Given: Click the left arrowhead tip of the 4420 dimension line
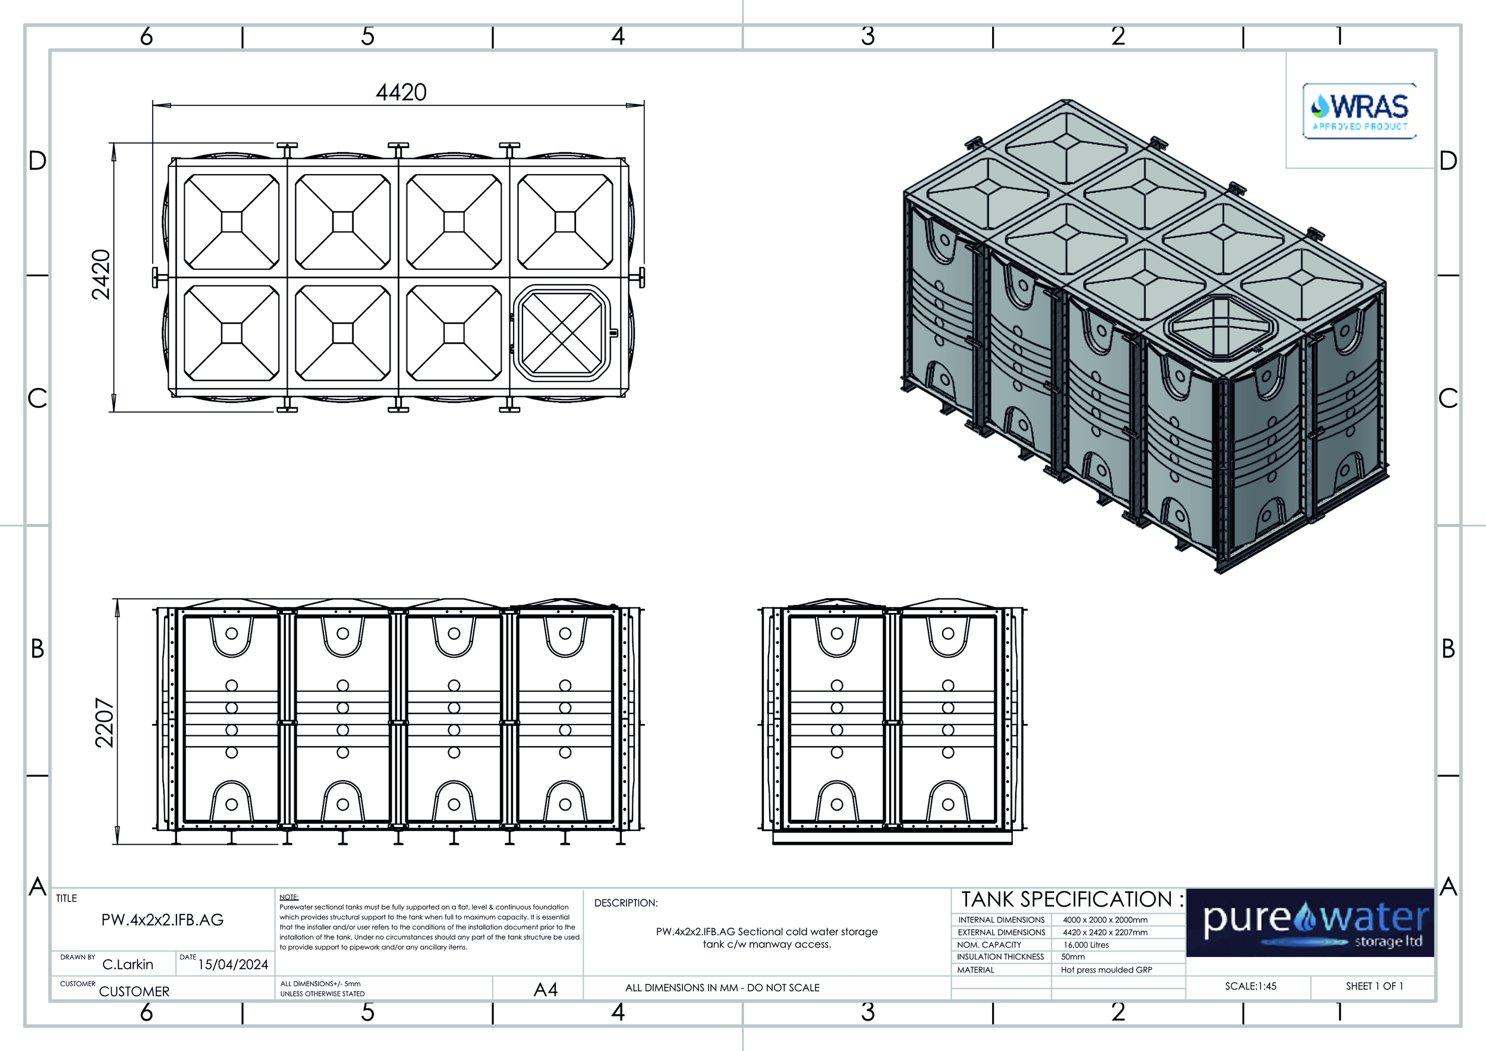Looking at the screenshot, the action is point(153,105).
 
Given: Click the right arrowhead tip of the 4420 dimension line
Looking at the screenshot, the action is point(644,105).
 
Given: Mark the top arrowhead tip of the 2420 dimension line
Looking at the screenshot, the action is point(114,143).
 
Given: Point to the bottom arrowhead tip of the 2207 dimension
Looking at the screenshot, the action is point(117,844).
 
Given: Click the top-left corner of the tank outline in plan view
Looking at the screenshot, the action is point(169,159).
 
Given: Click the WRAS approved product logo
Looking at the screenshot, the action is point(1359,111).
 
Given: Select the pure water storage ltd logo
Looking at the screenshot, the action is point(1310,922).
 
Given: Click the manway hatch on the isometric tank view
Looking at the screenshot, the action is point(1219,328).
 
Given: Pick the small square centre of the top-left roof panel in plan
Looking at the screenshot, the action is point(232,222).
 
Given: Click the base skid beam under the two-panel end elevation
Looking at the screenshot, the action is point(893,838).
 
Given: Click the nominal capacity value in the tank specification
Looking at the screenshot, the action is point(1086,945).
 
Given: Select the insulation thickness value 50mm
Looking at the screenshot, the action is point(1073,956).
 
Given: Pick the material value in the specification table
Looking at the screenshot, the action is point(1107,970).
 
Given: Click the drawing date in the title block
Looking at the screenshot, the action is point(233,964).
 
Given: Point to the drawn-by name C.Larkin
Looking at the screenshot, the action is point(128,964).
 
